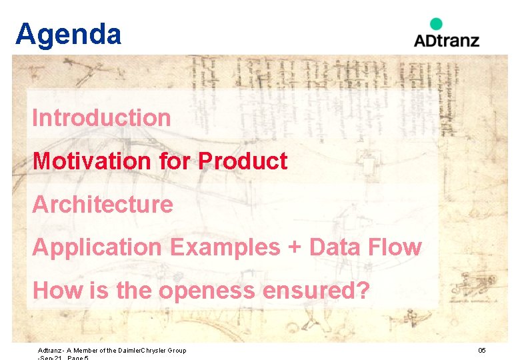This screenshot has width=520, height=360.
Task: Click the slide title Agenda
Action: tap(68, 34)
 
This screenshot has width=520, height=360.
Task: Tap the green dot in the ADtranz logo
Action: tap(436, 24)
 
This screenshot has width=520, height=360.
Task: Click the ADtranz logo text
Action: tap(446, 40)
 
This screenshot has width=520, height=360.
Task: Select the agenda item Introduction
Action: tap(101, 118)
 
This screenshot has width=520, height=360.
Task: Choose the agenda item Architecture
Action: tap(102, 204)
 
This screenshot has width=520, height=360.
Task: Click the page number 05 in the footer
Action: tap(482, 351)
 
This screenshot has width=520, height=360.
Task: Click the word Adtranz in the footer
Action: tap(50, 351)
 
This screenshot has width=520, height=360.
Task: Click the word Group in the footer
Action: tap(176, 351)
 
